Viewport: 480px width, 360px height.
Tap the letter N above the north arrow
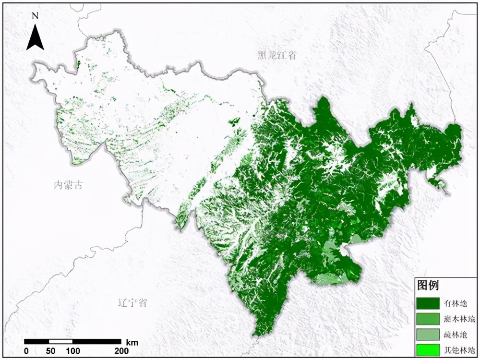pos(35,15)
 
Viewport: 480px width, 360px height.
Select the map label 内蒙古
pos(68,185)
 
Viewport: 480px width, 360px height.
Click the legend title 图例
pos(428,286)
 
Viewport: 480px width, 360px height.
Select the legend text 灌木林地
pos(457,319)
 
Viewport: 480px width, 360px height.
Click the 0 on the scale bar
pos(26,351)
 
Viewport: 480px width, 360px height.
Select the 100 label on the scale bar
pos(73,351)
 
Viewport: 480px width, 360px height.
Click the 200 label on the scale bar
pos(121,351)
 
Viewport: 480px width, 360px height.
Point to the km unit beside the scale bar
pos(132,342)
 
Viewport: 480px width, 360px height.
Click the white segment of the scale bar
pos(61,342)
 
